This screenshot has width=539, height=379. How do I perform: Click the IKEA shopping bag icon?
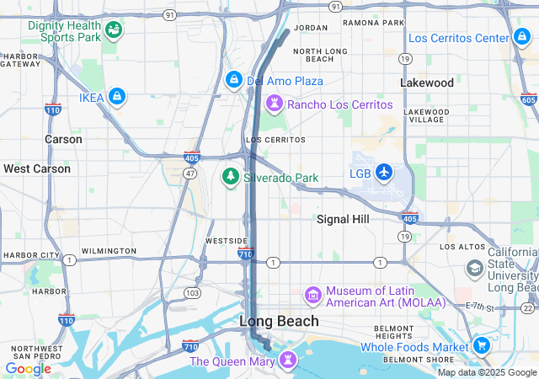(117, 98)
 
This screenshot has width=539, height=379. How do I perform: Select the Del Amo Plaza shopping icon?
(233, 80)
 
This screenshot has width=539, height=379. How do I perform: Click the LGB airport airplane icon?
(385, 173)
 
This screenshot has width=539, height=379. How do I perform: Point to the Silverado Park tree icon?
(229, 177)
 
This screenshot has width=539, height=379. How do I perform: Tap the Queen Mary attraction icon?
(288, 360)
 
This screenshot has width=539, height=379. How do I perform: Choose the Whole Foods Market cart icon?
(482, 346)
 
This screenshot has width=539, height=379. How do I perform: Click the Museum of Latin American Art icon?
(313, 296)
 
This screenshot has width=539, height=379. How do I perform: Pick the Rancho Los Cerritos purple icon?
(274, 104)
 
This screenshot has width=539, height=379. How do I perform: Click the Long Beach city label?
(280, 321)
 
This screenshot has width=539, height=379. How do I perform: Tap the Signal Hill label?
(343, 219)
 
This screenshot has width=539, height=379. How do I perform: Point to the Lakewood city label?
(426, 83)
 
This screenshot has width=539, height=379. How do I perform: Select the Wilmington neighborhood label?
(109, 251)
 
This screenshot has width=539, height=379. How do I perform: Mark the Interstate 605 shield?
(528, 99)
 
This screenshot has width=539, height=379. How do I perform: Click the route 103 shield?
(193, 292)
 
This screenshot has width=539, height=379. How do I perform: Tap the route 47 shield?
(190, 173)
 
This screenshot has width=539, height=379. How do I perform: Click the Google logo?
(28, 368)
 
